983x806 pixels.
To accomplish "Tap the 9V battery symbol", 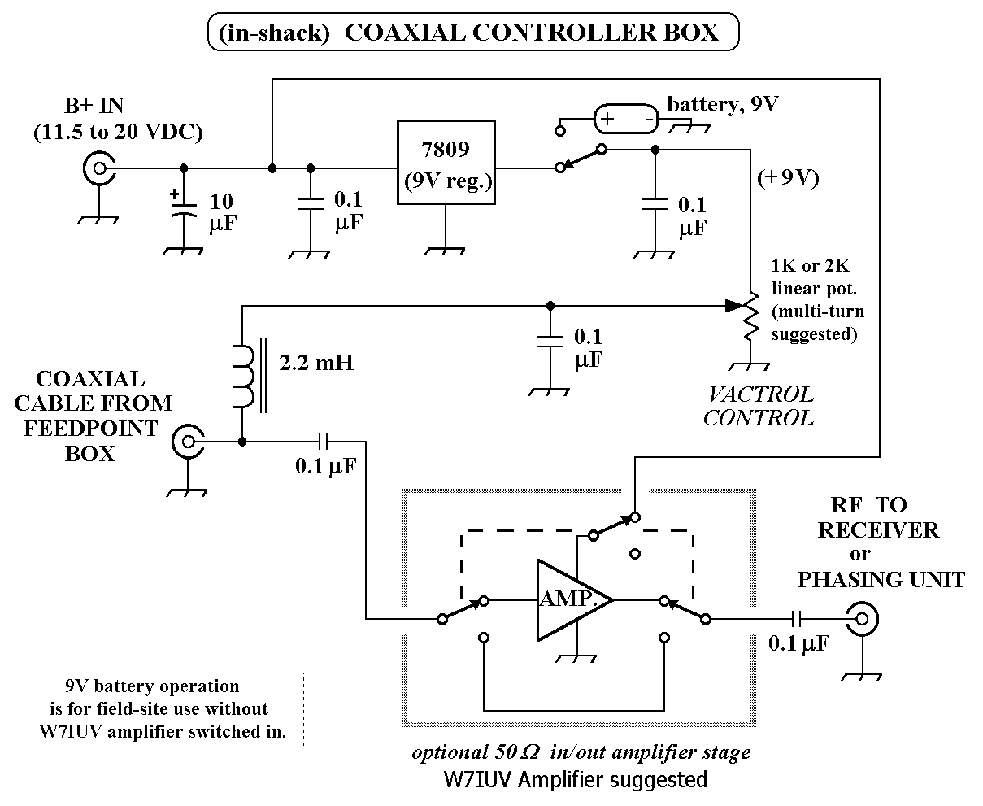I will coord(625,120).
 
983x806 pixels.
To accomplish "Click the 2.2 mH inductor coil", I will coord(245,376).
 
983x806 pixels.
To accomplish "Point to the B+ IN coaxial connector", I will coord(100,169).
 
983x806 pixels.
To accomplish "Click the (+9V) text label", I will coord(786,178).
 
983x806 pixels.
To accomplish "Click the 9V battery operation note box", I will coord(167,709).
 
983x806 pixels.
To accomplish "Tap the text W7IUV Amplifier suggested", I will coord(575,779).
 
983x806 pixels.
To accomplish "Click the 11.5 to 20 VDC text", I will coord(118,132).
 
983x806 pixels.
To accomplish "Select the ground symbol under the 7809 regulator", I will coord(446,247).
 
